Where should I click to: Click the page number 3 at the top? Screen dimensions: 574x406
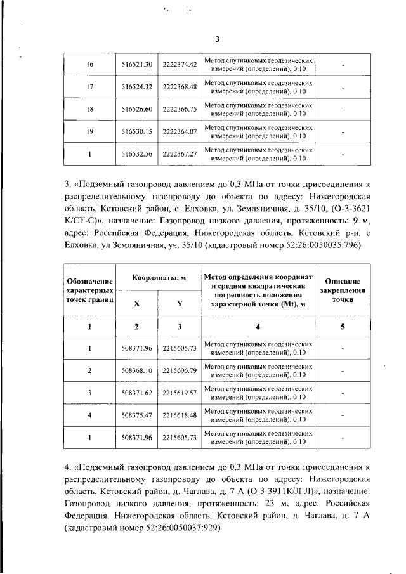pos(217,39)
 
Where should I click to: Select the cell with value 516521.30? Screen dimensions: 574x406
pos(137,65)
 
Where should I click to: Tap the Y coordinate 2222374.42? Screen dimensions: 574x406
pos(180,65)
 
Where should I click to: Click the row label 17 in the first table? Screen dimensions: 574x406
pos(89,87)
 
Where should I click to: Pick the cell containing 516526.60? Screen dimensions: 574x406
pos(137,109)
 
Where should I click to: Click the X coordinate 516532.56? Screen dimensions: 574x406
pos(137,153)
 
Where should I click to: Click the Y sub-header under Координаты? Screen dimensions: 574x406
pos(180,303)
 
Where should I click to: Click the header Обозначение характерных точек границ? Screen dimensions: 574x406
pos(89,290)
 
